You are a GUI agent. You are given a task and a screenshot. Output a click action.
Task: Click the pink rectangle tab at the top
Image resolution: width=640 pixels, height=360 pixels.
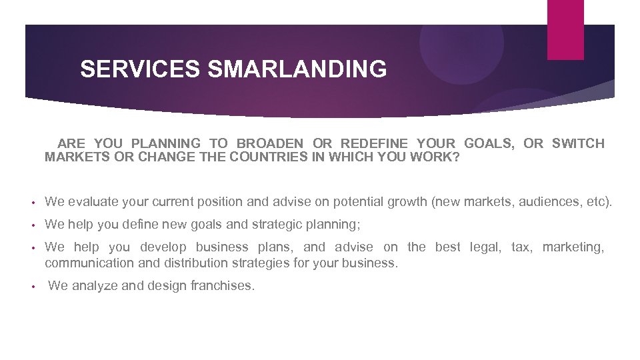pyautogui.click(x=565, y=29)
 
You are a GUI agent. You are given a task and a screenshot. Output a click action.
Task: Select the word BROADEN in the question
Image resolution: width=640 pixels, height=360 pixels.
pyautogui.click(x=270, y=143)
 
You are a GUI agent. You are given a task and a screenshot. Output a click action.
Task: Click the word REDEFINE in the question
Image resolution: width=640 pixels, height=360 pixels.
pyautogui.click(x=374, y=143)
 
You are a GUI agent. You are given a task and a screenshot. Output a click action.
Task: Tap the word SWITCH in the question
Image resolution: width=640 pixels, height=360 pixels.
pyautogui.click(x=578, y=143)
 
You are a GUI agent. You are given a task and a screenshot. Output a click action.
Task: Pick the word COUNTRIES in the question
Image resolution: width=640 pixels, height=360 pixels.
pyautogui.click(x=269, y=158)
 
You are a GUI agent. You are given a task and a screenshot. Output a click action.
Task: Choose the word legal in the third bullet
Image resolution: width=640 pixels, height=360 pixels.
pyautogui.click(x=485, y=247)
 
